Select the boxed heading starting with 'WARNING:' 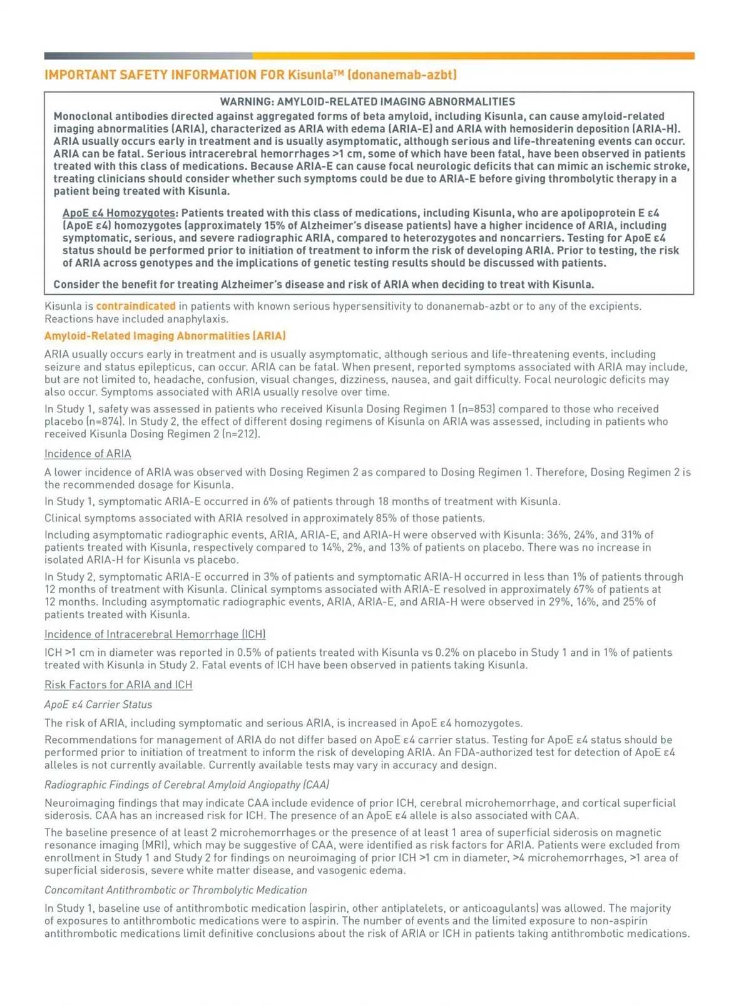(x=367, y=101)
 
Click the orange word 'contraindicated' (x=136, y=306)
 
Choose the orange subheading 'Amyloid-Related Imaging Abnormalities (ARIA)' (x=165, y=336)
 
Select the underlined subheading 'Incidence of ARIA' (x=88, y=454)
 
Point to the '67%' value (x=583, y=589)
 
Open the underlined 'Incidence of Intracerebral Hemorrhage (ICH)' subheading (x=155, y=635)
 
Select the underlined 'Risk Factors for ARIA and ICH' (x=118, y=685)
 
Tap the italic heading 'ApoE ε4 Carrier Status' (x=98, y=704)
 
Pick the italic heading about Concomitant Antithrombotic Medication (x=176, y=890)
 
